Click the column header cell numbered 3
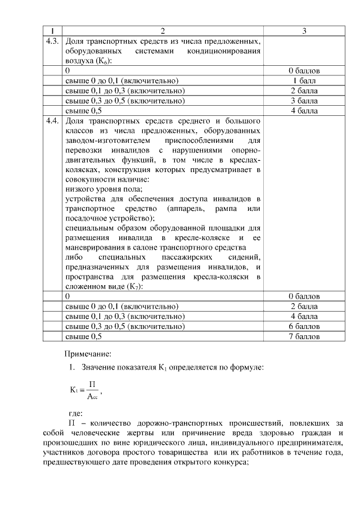click(x=304, y=31)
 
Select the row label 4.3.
click(x=52, y=42)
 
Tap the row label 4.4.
click(x=52, y=121)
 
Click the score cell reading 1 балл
click(x=304, y=81)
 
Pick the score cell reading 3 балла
click(x=304, y=101)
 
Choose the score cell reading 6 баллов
click(x=304, y=326)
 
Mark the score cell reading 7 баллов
click(x=304, y=336)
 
